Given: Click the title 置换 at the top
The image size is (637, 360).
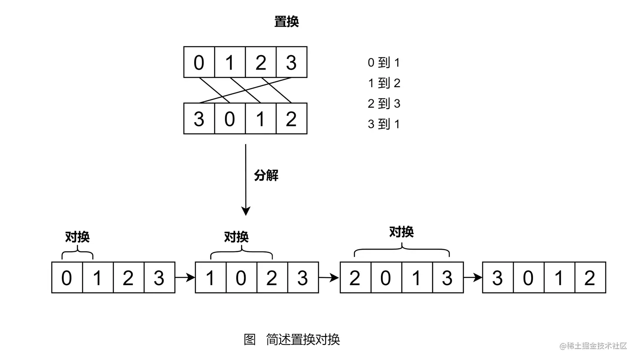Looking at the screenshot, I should [286, 21].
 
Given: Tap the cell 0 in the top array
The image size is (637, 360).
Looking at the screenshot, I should [199, 62].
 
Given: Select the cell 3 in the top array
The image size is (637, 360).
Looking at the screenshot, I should [292, 62].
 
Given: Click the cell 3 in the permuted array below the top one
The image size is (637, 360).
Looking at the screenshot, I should [199, 119].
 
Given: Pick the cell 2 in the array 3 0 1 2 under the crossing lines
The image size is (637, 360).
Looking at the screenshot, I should [292, 119].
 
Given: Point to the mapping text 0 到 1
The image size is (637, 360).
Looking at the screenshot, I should [383, 63].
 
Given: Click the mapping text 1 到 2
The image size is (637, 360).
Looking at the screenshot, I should [383, 83].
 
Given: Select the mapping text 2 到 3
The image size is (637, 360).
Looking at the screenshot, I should [383, 104].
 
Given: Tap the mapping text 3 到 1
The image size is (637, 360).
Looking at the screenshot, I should [383, 124].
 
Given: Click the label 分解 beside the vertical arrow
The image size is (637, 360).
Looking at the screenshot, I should [266, 175].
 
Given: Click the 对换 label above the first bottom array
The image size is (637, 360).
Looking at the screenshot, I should [77, 237].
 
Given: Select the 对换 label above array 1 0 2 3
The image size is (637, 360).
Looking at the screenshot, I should [236, 237].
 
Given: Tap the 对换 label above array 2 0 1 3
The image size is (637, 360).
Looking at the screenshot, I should [401, 232].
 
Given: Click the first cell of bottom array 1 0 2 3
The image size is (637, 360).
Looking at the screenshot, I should [211, 277].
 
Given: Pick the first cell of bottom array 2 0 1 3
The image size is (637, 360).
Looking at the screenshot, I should [355, 277].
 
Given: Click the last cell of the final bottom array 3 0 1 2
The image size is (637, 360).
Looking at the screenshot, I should [590, 277].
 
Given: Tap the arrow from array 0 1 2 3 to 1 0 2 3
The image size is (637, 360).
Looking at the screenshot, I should [185, 277].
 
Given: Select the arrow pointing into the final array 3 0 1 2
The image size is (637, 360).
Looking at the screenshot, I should [473, 277].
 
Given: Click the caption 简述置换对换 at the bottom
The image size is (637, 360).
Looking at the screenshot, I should [302, 339].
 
